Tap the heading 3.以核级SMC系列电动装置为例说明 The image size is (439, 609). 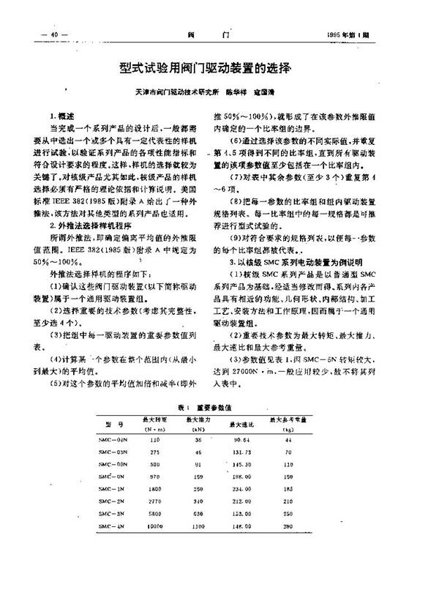[x=286, y=261]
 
